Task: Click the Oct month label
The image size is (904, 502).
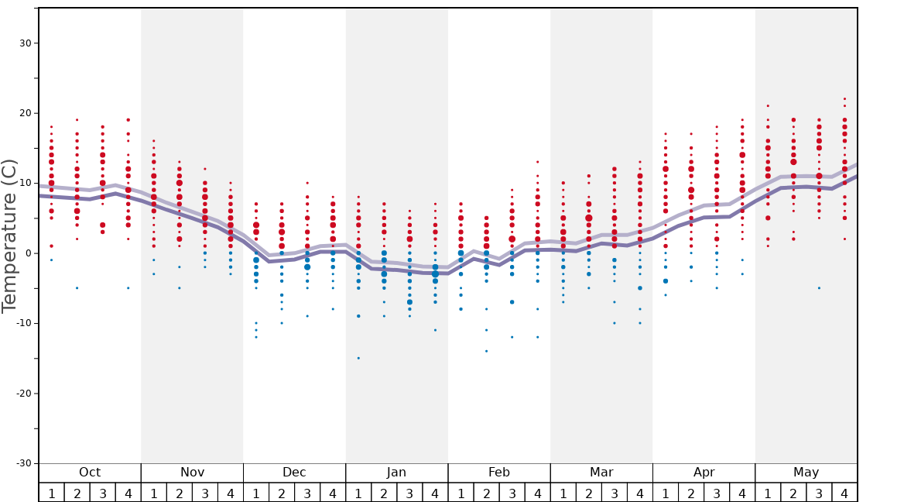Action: [90, 473]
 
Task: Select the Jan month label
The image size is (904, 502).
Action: [396, 473]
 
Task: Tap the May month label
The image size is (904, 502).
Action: [806, 473]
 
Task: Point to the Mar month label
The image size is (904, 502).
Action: [601, 473]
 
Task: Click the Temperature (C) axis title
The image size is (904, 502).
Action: [9, 236]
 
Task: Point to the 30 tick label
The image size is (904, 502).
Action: [26, 43]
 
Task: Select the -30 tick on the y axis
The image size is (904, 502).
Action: [23, 463]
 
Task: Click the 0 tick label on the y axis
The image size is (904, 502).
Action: [28, 253]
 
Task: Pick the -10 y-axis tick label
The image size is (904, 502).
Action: [23, 323]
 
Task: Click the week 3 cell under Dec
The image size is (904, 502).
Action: [307, 493]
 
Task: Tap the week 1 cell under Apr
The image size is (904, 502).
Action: [666, 493]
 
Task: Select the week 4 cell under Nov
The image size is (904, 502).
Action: [231, 493]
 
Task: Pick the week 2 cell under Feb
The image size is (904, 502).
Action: [486, 493]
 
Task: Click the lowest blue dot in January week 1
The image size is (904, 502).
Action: [358, 358]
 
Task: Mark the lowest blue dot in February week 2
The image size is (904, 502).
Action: [486, 351]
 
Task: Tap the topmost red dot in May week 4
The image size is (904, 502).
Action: [844, 99]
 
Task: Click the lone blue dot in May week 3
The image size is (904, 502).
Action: [819, 288]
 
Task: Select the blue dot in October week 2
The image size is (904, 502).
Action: [77, 288]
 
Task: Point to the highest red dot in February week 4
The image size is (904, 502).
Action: [537, 162]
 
